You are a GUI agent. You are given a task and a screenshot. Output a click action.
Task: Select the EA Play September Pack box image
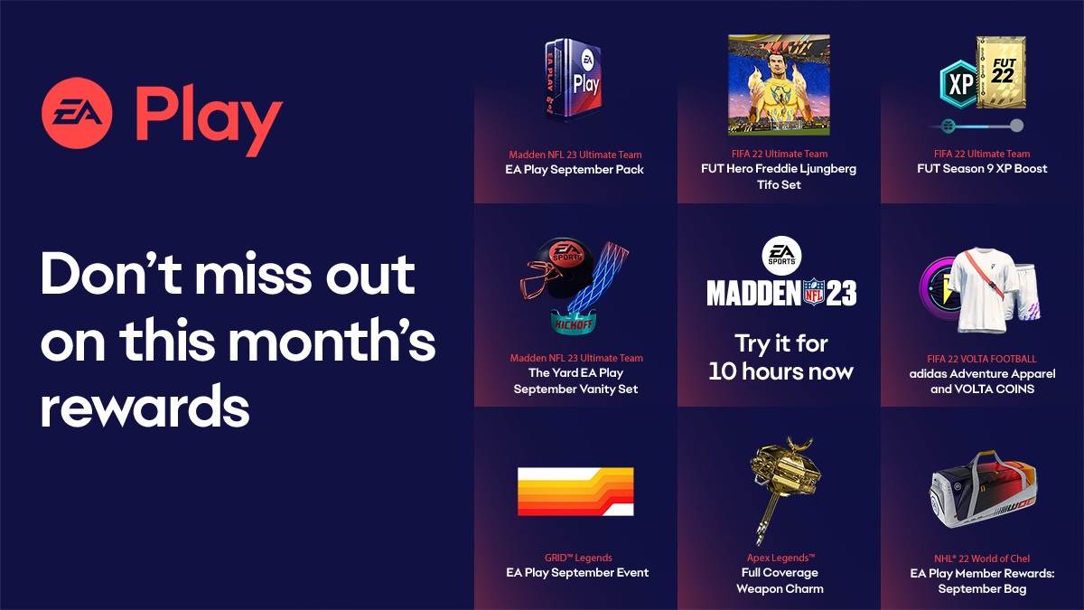(576, 80)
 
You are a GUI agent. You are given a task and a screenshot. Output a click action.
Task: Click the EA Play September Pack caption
(575, 169)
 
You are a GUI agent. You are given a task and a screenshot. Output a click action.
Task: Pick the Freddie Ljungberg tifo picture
(778, 86)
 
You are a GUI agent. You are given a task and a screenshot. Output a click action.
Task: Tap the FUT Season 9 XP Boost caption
(981, 169)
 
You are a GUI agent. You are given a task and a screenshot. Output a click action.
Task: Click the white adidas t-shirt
(984, 289)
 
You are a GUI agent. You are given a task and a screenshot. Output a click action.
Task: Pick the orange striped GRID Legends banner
(575, 492)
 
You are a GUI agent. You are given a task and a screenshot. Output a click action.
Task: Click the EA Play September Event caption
(576, 572)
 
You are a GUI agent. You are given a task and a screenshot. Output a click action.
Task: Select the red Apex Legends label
(778, 558)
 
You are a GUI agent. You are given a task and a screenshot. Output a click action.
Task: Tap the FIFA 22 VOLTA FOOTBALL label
(981, 359)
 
